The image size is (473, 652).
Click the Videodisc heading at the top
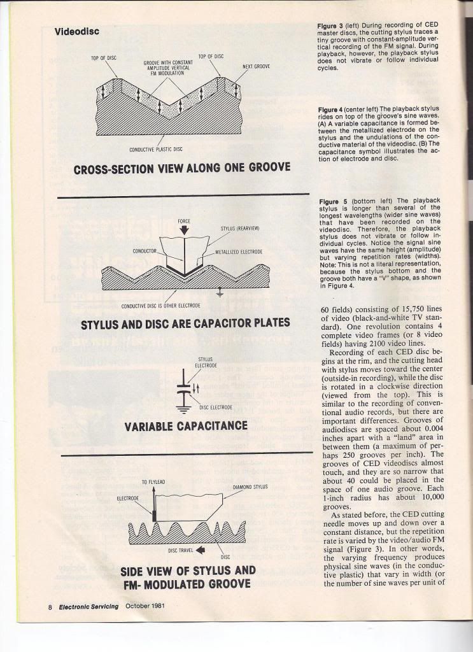tap(76, 31)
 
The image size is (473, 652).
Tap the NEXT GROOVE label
tap(256, 66)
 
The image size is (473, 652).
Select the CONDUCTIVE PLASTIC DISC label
tap(156, 150)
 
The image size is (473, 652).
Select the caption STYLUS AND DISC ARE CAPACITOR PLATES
tap(185, 323)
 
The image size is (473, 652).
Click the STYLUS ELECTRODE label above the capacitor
tap(204, 362)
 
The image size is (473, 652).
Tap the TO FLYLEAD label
tap(153, 481)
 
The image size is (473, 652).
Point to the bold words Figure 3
tap(330, 26)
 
